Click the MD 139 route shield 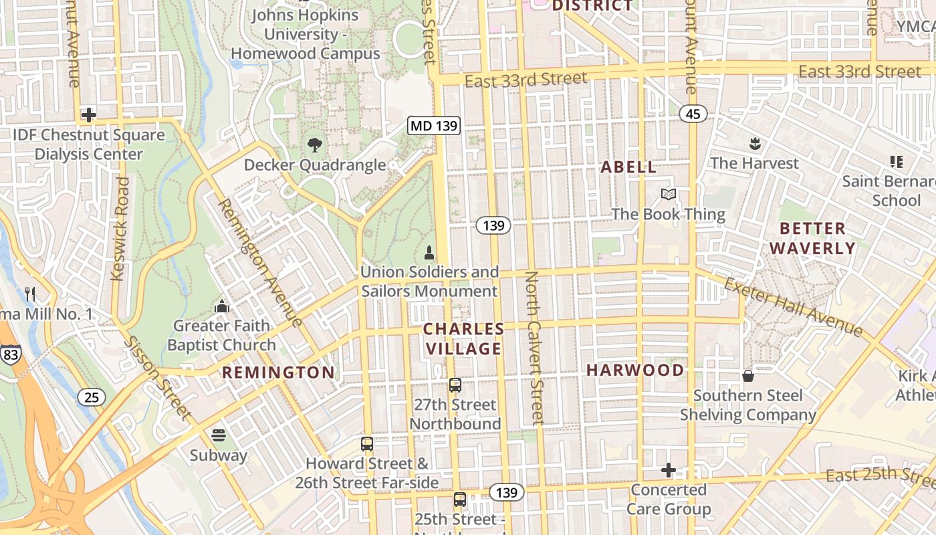coord(435,125)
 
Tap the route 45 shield coord(693,114)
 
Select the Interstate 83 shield coord(10,354)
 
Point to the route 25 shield coord(92,398)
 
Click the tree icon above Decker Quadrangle coord(314,144)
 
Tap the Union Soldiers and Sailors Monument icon coord(429,253)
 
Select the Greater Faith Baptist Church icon coord(221,306)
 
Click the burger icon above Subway coord(219,435)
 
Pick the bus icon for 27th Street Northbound coord(455,385)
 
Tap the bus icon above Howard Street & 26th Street coord(367,443)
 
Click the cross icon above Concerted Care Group coord(669,470)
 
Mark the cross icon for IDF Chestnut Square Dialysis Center coord(89,115)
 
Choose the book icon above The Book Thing coord(669,195)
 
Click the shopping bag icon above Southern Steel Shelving coord(748,376)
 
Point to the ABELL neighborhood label coord(628,167)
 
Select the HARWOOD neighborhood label coord(635,370)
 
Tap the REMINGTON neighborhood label coord(278,372)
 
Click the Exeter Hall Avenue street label coord(794,308)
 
